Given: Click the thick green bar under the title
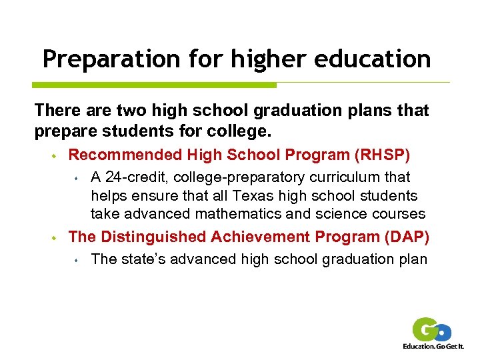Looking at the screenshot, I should pos(154,85).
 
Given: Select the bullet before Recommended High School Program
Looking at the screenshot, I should pos(52,156).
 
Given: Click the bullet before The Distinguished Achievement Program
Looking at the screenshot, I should pos(52,237).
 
